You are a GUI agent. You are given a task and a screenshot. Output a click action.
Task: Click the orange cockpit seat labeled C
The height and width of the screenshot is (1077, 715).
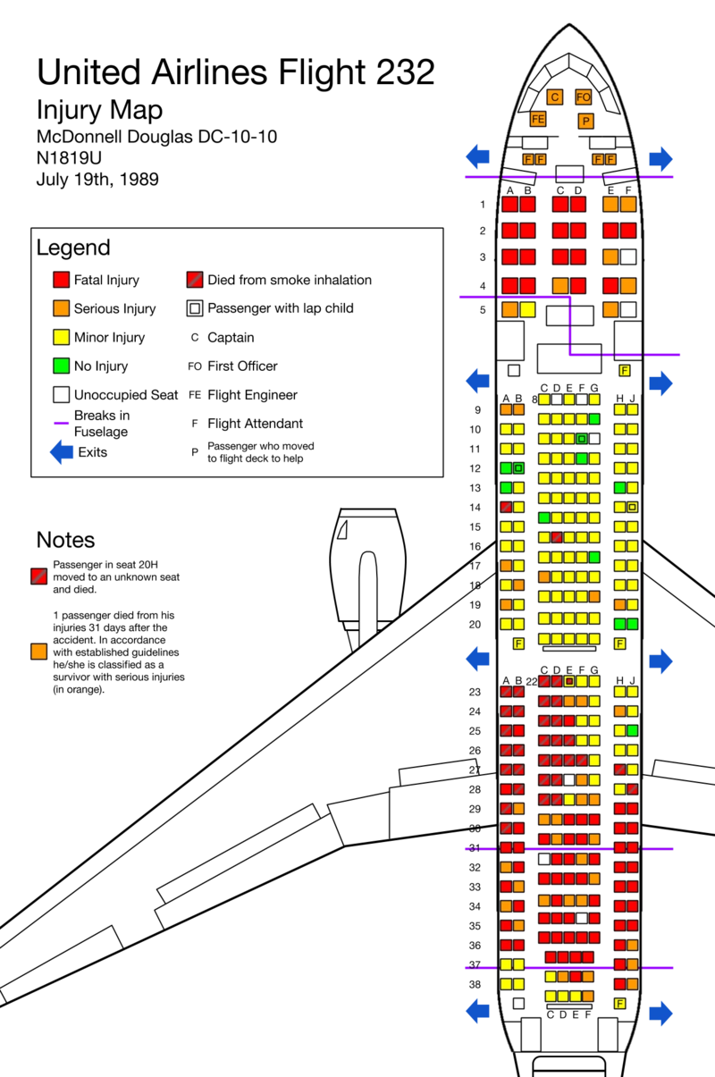[554, 97]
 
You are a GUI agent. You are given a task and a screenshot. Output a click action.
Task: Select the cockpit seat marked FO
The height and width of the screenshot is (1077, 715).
[583, 97]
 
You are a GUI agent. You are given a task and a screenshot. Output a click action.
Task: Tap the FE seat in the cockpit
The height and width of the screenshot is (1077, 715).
[538, 119]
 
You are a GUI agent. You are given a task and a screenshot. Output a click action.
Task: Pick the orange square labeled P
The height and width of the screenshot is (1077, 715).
[585, 121]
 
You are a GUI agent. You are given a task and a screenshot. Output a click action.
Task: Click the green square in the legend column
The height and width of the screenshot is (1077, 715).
[61, 366]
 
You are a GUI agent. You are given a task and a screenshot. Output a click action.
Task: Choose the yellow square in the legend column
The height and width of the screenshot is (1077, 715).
[61, 337]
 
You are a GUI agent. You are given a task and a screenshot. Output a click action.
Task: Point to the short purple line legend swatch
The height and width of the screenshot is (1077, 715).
[61, 422]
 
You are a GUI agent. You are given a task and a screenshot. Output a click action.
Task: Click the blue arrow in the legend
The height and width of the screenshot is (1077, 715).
[62, 453]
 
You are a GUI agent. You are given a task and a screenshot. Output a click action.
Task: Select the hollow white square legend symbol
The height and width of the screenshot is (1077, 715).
[195, 308]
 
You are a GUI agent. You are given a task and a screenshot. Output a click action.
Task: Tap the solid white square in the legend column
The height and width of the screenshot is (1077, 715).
[61, 394]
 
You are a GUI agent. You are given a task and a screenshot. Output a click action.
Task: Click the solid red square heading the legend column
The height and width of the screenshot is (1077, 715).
[61, 280]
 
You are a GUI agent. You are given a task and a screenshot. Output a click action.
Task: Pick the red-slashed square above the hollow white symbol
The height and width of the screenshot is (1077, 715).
[195, 280]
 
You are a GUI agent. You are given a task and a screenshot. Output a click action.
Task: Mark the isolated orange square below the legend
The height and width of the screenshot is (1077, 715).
[38, 652]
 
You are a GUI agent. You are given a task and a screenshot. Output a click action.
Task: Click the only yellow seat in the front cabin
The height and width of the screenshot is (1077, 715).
[527, 310]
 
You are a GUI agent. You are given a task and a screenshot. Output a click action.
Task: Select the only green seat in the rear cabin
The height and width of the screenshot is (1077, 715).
[632, 730]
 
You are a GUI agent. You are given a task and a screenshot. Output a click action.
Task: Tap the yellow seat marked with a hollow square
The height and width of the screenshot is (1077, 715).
[632, 507]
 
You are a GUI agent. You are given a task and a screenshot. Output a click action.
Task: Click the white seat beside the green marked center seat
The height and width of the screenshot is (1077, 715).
[593, 439]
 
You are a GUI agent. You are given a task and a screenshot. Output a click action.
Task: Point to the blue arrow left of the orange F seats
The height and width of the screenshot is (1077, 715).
[478, 156]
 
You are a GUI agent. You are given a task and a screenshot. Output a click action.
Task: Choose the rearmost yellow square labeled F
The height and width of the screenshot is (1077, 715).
[620, 1003]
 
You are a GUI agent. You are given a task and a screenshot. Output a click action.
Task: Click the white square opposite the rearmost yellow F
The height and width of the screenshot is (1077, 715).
[518, 1003]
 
